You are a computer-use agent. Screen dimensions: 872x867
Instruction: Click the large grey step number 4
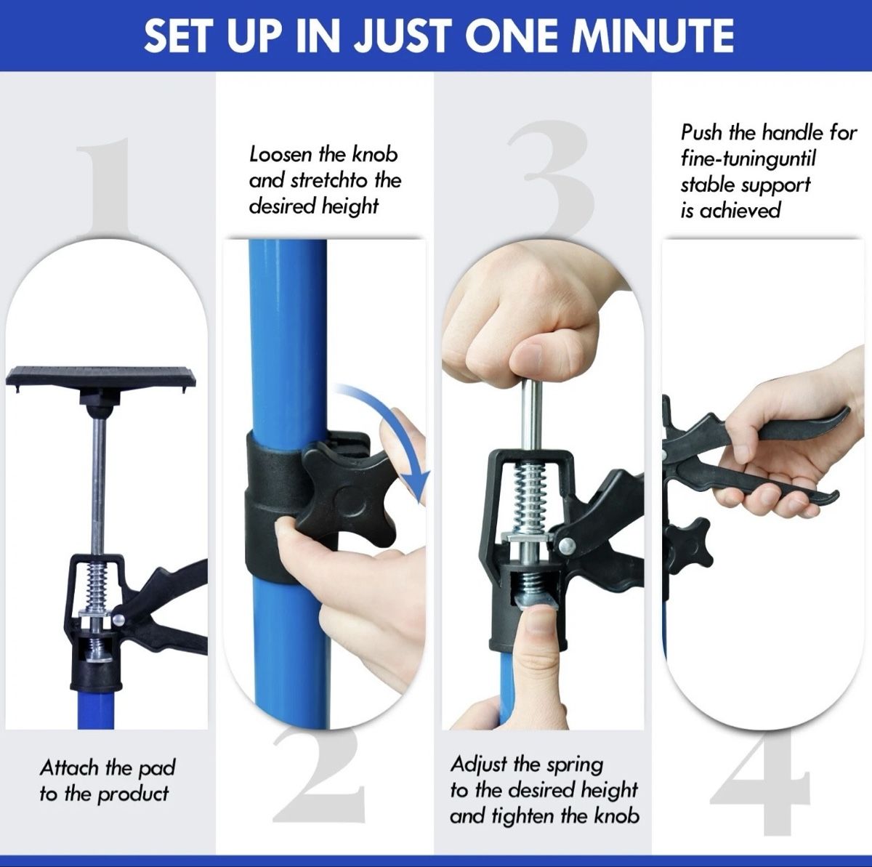pos(761,787)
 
